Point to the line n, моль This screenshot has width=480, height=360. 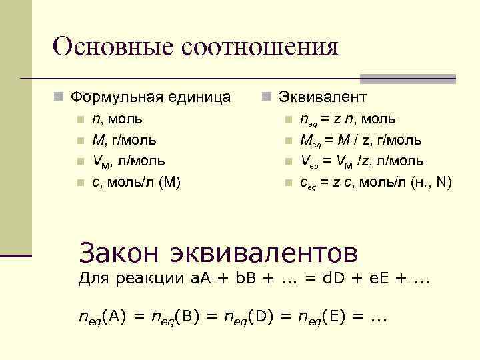pyautogui.click(x=117, y=119)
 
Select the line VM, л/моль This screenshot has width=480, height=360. pyautogui.click(x=129, y=161)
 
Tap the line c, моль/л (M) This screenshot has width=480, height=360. pyautogui.click(x=136, y=181)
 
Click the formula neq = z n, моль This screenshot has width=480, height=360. pyautogui.click(x=347, y=119)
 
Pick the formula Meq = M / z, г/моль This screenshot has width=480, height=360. pyautogui.click(x=360, y=140)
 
